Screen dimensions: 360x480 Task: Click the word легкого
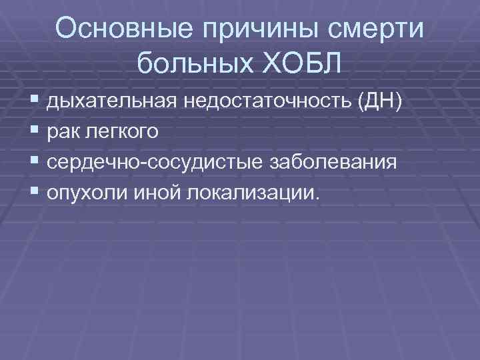pyautogui.click(x=121, y=132)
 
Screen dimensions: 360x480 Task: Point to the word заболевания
pyautogui.click(x=329, y=162)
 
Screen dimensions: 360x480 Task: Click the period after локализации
pyautogui.click(x=318, y=198)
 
